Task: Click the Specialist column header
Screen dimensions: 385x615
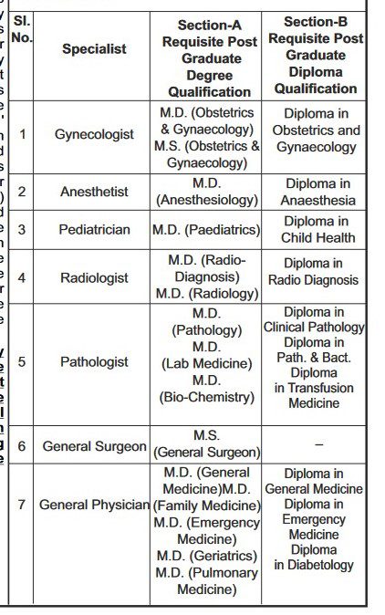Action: [x=94, y=49]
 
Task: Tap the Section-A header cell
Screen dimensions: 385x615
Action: [x=208, y=58]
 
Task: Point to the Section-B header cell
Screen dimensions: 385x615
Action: [x=315, y=55]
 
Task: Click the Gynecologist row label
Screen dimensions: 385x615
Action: [x=94, y=134]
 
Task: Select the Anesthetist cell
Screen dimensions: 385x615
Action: [x=94, y=192]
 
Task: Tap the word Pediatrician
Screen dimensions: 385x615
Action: [x=94, y=230]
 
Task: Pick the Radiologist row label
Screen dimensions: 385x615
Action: [x=94, y=276]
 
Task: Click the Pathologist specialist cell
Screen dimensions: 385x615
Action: [x=94, y=362]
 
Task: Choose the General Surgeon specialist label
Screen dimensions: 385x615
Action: [x=94, y=446]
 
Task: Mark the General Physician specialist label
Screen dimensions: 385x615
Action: [x=94, y=505]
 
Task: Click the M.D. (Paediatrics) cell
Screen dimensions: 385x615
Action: [x=208, y=230]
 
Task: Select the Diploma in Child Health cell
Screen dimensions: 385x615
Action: [x=315, y=230]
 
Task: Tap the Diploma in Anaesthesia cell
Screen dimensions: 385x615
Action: [x=315, y=192]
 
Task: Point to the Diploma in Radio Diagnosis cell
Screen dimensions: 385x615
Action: [x=315, y=272]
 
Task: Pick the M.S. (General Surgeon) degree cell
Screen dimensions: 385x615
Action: [x=208, y=444]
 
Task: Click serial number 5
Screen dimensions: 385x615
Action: [x=22, y=362]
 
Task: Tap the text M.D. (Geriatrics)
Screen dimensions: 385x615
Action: [x=208, y=556]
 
